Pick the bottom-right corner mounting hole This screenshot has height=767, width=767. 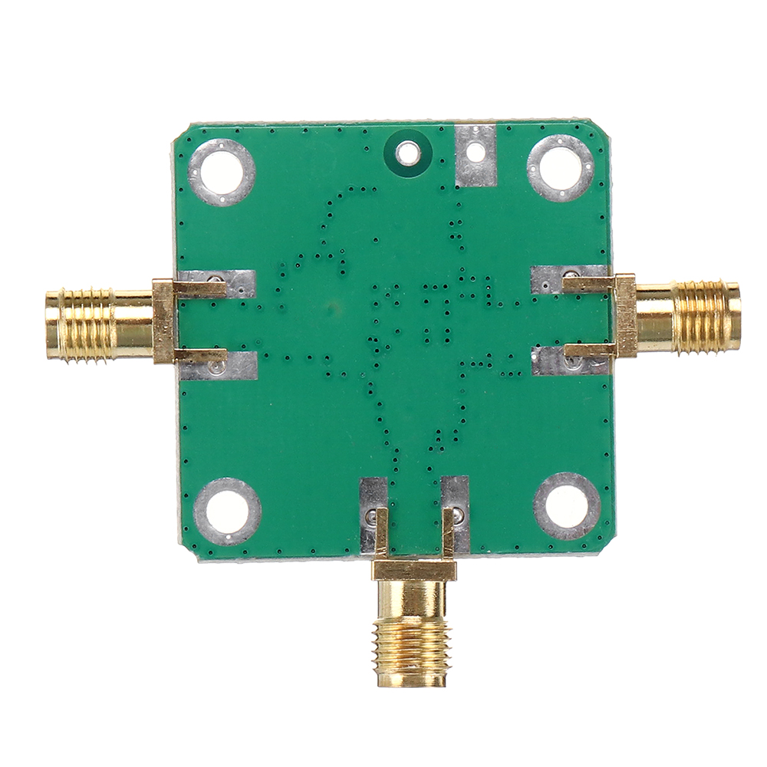pos(567,506)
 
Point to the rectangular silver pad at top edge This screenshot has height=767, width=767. pos(476,156)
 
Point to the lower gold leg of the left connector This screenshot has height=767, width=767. pos(201,354)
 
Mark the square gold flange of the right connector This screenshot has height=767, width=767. pos(625,316)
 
